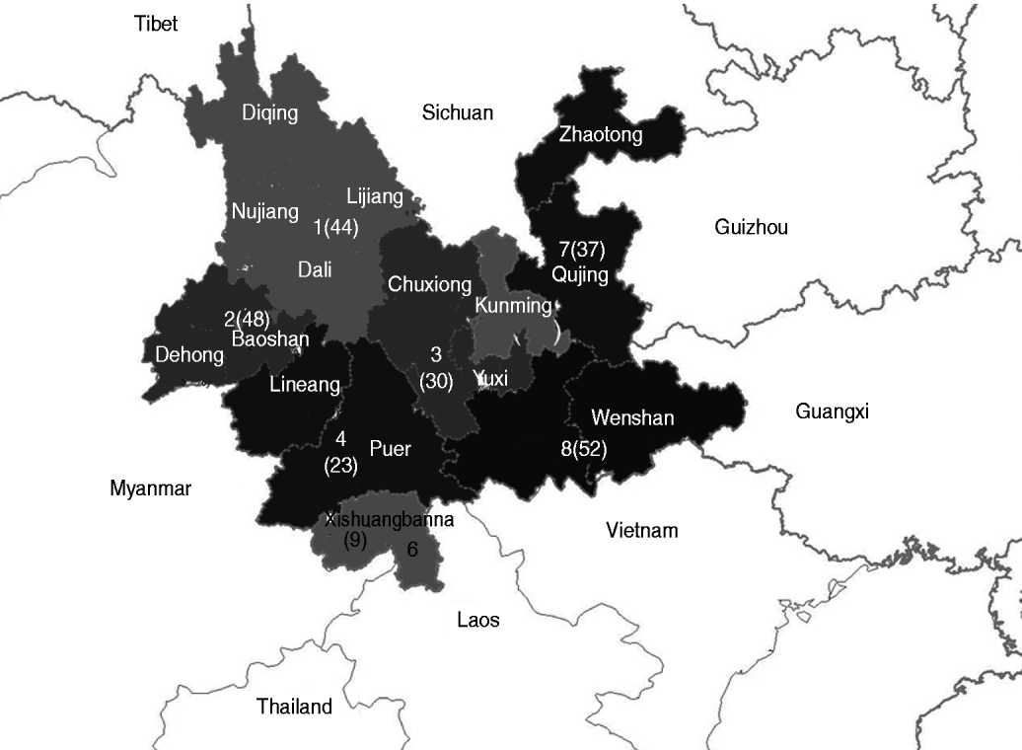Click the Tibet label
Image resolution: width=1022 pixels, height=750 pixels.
coord(156,24)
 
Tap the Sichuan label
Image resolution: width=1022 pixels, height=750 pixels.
coord(457,112)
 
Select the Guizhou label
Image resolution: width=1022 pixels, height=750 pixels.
coord(751,228)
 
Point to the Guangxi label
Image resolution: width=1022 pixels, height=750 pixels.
coord(832,412)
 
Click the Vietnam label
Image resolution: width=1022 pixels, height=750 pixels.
coord(642,531)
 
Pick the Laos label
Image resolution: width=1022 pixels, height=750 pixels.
coord(478,620)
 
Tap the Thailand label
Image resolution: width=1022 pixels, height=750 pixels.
coord(294,707)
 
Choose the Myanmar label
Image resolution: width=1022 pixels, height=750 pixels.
coord(151,487)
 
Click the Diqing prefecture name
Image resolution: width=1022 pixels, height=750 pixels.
coord(269,112)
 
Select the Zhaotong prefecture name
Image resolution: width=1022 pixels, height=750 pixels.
coord(600,134)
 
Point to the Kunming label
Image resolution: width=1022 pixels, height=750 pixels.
coord(513,305)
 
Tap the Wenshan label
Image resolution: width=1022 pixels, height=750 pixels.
coord(632,417)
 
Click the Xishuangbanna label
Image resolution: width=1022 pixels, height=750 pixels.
coord(390,520)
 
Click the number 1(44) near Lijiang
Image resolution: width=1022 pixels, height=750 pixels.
coord(335,227)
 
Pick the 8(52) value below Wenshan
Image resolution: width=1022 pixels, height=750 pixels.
coord(583,449)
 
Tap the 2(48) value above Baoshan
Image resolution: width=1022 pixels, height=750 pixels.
coord(247,319)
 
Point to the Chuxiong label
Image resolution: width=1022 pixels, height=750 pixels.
coord(429,285)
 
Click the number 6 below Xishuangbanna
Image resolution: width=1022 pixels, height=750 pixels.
coord(412,550)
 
